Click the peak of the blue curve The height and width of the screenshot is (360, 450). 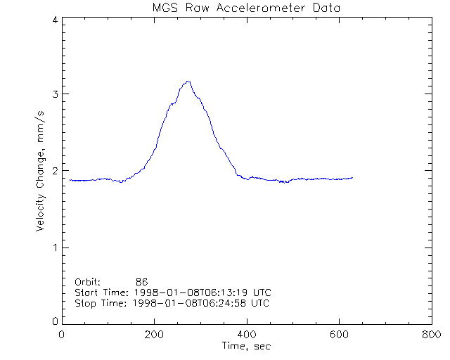(188, 82)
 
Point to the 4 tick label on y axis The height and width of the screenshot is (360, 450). (55, 21)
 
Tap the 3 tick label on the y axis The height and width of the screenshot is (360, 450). (55, 95)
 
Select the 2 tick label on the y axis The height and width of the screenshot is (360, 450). (55, 171)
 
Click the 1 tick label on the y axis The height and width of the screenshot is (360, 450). (55, 247)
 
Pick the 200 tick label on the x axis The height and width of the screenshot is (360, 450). (154, 335)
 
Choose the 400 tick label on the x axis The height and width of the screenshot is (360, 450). (247, 335)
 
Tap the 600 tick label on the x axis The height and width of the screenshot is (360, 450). (339, 335)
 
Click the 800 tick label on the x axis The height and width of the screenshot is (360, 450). (431, 335)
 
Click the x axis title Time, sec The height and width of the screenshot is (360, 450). (246, 346)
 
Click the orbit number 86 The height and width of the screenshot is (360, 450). (141, 282)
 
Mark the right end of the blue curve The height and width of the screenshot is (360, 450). (352, 178)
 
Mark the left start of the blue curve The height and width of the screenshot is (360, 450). (70, 180)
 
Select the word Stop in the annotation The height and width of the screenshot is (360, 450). (85, 303)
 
